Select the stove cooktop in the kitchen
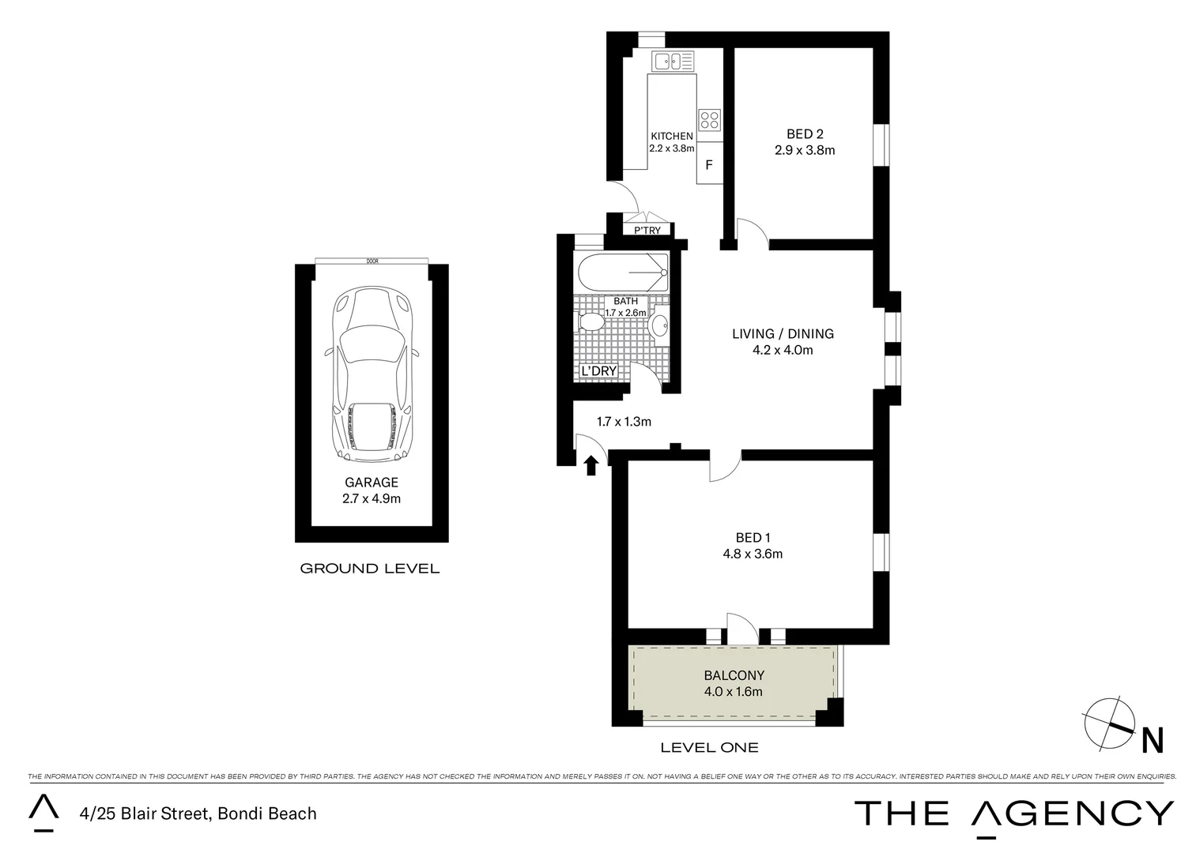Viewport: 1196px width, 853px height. click(709, 119)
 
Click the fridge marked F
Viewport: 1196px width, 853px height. click(709, 166)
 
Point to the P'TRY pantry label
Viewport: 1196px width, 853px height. click(647, 231)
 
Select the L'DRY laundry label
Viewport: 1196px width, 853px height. click(598, 371)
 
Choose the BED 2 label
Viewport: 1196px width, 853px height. click(805, 134)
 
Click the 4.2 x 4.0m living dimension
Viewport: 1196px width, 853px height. click(783, 350)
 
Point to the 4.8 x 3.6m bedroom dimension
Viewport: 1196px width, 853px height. click(753, 554)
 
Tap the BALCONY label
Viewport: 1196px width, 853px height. click(734, 675)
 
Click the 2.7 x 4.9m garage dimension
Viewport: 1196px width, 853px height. click(372, 498)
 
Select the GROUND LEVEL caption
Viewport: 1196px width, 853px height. click(369, 569)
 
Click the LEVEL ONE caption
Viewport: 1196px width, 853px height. click(709, 747)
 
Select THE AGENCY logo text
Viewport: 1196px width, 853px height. click(1014, 813)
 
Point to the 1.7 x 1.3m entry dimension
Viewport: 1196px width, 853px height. click(624, 422)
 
